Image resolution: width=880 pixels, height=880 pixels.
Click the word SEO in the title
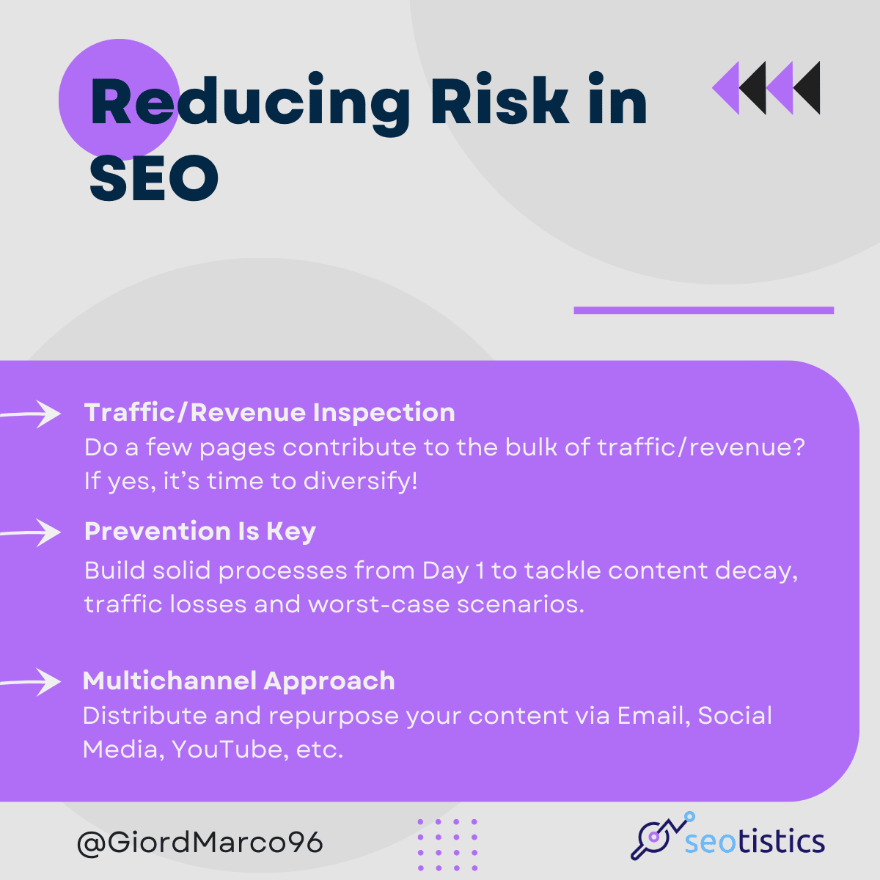point(154,177)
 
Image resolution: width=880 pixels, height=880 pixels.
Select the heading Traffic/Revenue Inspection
point(269,413)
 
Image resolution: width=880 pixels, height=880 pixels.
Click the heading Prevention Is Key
point(200,532)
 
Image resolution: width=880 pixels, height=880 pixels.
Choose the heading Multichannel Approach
point(239,681)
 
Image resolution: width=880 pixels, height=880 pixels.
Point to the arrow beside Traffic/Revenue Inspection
point(30,414)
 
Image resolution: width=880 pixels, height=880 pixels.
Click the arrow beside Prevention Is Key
point(30,532)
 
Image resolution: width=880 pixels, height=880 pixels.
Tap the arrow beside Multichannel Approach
point(30,682)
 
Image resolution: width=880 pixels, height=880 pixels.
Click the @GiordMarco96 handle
point(200,843)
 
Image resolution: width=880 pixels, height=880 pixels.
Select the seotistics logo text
point(755,840)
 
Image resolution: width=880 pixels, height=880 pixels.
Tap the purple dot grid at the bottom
point(447,844)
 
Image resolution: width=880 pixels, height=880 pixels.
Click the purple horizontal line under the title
point(704,310)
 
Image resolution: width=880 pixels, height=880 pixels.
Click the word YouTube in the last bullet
point(230,749)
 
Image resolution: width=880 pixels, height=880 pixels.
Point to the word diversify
point(360,481)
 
